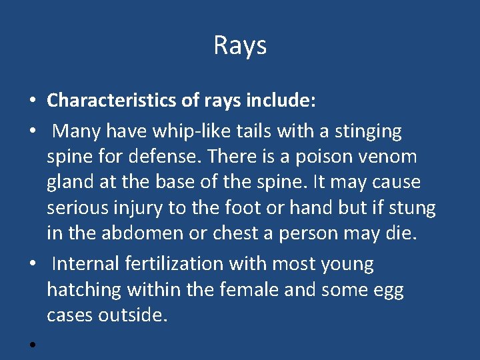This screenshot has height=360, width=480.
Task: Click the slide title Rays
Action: [240, 45]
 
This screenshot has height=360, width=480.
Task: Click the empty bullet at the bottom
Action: [32, 344]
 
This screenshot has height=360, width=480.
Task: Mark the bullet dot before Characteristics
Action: [32, 102]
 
